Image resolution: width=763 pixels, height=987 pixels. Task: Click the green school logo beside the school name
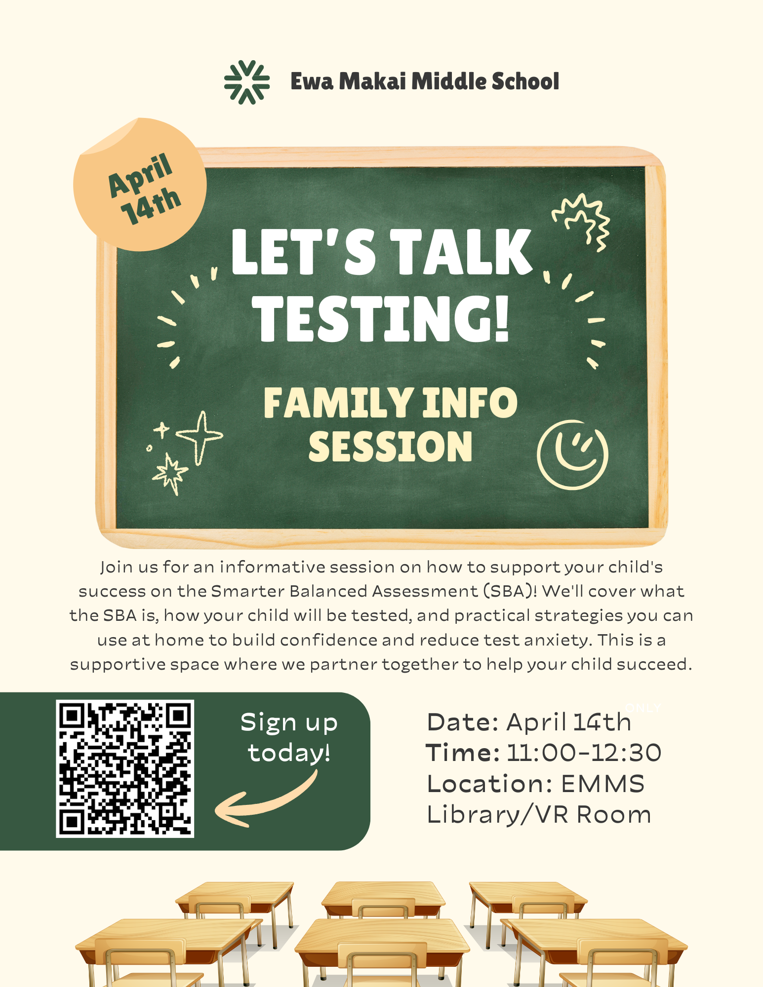tap(246, 82)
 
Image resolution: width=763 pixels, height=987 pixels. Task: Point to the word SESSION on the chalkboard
tap(390, 447)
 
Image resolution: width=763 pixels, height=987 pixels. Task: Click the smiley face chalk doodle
tap(572, 455)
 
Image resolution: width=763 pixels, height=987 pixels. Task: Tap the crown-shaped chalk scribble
tap(582, 220)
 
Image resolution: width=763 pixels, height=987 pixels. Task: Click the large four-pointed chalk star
tap(200, 436)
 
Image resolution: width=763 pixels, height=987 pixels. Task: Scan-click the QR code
tap(125, 768)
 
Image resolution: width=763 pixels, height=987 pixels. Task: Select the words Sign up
tap(289, 723)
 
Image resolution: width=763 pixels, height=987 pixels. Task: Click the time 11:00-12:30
tap(584, 753)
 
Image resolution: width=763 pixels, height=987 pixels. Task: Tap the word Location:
tap(489, 784)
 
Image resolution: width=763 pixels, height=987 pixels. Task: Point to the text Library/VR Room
tap(539, 815)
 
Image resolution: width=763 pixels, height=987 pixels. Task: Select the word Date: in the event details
tap(463, 722)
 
